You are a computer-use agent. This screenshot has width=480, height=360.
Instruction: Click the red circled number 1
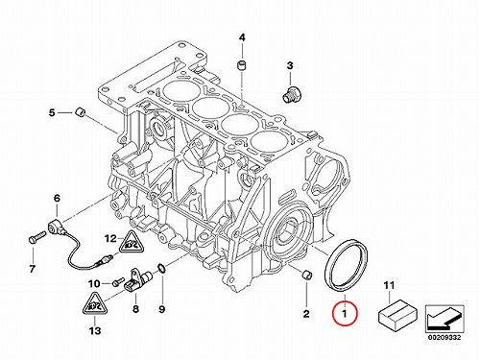tap(345, 313)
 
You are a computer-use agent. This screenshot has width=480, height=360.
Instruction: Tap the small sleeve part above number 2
tap(307, 275)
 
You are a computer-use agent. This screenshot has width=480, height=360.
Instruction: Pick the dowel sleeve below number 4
tap(242, 66)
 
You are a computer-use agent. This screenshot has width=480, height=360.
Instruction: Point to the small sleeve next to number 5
tap(80, 112)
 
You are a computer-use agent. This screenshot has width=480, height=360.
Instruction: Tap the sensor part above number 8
tap(138, 279)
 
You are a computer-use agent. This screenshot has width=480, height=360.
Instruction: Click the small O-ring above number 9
tap(162, 269)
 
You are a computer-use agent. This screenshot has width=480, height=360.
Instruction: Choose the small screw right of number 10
tap(117, 282)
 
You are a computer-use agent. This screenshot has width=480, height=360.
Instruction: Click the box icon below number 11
tap(397, 315)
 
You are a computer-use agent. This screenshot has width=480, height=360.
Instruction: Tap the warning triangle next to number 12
tap(132, 243)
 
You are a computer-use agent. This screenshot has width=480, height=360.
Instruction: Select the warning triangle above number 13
tap(95, 305)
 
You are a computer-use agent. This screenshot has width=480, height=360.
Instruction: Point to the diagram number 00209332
tap(444, 337)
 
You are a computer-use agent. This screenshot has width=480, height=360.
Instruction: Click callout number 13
tap(95, 330)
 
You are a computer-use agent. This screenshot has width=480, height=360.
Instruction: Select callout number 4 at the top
tap(242, 38)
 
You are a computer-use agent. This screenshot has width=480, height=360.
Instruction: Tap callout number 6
tap(57, 199)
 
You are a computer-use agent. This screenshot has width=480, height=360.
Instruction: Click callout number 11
tap(389, 285)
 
